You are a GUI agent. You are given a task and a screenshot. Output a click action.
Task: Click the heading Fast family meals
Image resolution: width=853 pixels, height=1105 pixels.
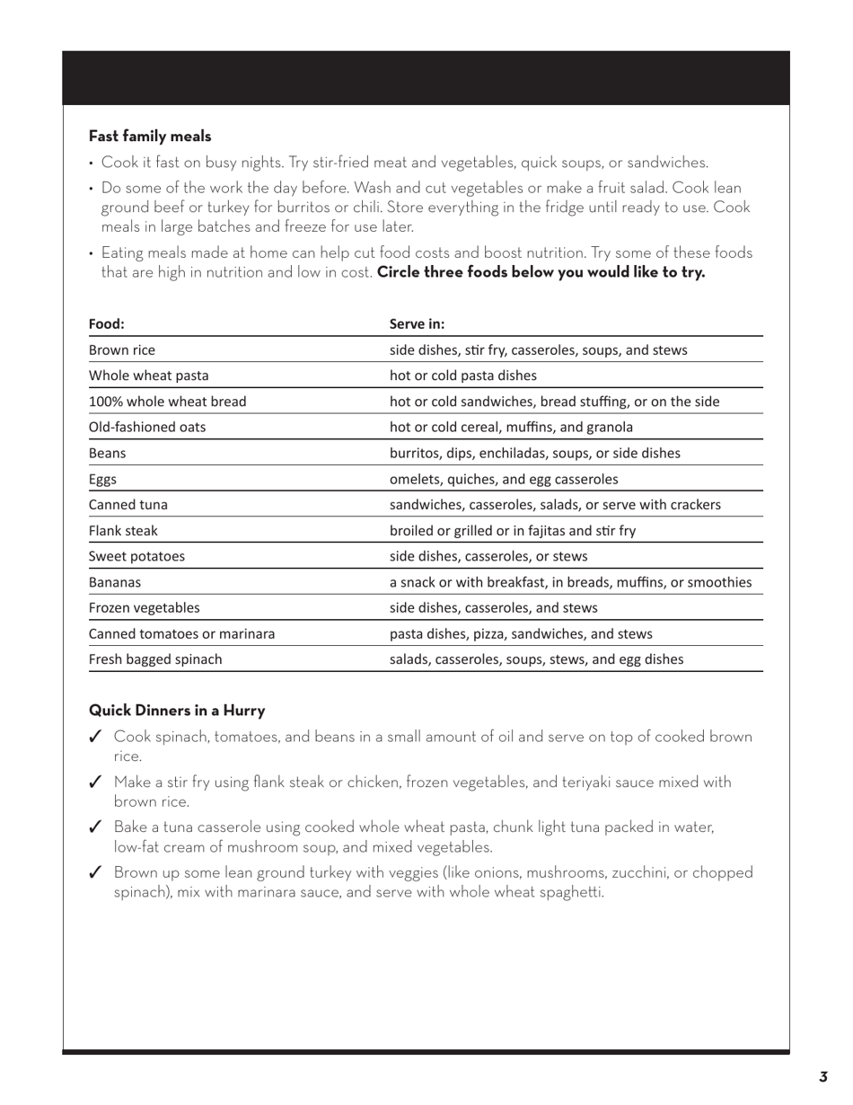[150, 137]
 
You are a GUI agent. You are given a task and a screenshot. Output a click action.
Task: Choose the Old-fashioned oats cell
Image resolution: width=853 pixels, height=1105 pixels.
[147, 427]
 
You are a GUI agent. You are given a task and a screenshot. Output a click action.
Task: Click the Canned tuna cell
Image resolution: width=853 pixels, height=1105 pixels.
[128, 505]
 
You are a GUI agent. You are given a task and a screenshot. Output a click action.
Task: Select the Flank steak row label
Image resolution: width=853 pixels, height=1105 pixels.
[123, 530]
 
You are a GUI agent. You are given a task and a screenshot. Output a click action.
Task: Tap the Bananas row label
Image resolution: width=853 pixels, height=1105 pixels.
[115, 582]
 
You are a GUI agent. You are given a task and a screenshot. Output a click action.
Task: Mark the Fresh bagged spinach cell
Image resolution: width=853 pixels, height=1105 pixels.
[155, 659]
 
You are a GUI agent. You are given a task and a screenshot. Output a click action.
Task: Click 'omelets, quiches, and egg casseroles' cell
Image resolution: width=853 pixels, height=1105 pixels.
[503, 479]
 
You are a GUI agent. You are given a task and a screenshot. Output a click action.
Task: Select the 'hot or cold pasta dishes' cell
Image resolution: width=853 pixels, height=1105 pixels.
[462, 376]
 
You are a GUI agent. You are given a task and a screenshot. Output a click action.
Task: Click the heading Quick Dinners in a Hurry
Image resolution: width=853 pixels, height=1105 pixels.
[177, 711]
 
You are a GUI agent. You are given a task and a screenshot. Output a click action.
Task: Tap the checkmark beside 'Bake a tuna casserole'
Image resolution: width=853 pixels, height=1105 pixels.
[95, 827]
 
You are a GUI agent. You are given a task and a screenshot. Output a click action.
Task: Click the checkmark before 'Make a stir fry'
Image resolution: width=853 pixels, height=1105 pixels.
[95, 782]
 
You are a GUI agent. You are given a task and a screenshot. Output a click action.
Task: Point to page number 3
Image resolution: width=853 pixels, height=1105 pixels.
[822, 1077]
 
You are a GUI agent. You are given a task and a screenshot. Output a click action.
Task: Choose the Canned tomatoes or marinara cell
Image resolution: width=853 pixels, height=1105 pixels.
[181, 633]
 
